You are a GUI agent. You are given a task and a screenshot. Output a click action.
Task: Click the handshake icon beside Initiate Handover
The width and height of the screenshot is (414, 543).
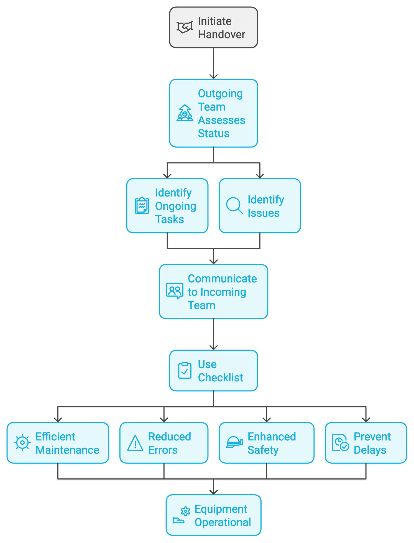(x=185, y=27)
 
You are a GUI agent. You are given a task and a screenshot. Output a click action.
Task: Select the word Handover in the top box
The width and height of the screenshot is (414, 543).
(x=221, y=35)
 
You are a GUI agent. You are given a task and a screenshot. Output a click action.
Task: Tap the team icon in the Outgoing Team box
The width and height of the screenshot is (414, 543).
(x=185, y=113)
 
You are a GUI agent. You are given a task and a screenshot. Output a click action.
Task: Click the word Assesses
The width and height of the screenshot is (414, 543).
(x=221, y=120)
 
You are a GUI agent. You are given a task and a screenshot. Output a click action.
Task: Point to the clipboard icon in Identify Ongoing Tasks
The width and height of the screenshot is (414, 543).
(x=142, y=205)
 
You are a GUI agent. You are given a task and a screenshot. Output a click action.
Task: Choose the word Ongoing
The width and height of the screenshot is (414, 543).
(x=175, y=206)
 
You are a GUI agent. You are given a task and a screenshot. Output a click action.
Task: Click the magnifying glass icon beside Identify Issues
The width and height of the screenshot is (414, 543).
(x=234, y=205)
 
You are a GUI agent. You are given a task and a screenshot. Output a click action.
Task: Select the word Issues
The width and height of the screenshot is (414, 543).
(x=263, y=213)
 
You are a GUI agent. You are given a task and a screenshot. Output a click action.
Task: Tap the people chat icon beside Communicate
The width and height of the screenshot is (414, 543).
(x=175, y=291)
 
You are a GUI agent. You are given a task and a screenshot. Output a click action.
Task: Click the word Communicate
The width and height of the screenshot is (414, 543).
(x=222, y=279)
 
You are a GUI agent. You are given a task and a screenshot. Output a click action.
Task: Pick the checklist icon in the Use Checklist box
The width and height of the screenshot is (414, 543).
(x=185, y=370)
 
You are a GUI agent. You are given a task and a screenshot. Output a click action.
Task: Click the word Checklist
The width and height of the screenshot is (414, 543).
(x=220, y=378)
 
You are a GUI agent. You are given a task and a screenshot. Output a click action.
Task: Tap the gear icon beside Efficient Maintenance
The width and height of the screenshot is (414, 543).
(x=22, y=443)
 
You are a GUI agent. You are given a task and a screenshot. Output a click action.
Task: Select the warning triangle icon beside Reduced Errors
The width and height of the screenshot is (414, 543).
(x=135, y=443)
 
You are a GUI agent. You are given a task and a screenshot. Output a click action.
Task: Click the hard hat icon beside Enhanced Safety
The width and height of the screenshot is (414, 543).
(x=234, y=442)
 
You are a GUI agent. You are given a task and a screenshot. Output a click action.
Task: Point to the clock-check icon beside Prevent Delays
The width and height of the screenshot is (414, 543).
(x=340, y=443)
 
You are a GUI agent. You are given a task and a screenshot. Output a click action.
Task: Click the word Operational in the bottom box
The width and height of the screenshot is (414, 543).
(x=223, y=522)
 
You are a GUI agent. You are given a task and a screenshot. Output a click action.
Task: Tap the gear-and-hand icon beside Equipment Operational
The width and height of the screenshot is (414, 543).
(x=182, y=515)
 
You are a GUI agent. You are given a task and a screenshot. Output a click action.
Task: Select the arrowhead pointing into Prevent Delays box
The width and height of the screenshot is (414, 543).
(x=366, y=420)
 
